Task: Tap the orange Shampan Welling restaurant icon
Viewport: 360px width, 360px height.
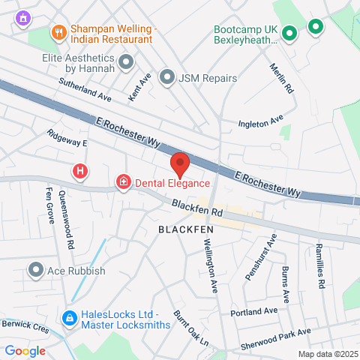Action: (58, 31)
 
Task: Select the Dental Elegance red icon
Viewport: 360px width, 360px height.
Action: (122, 182)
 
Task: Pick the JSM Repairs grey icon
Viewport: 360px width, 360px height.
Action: (167, 77)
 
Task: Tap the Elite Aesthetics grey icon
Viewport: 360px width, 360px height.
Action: (127, 61)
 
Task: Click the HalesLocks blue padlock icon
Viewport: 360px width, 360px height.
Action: (69, 319)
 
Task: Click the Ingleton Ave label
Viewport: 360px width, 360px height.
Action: (260, 120)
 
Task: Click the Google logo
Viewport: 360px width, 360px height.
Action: (25, 350)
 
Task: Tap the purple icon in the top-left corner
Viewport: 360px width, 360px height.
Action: (24, 16)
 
